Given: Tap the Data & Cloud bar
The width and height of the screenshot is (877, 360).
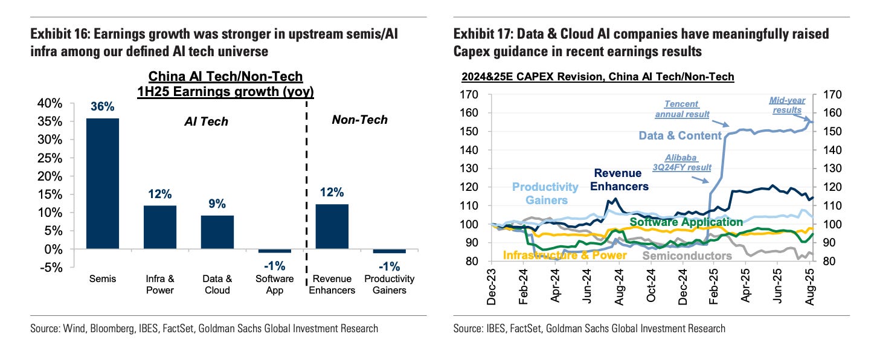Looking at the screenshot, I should (217, 233).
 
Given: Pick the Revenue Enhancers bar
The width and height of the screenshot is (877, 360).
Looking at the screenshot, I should (332, 227).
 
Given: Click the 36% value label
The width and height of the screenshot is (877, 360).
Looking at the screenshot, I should (102, 107).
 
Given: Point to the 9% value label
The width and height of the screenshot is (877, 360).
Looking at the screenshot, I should (217, 205).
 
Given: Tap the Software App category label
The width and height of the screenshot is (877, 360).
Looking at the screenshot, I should (275, 284).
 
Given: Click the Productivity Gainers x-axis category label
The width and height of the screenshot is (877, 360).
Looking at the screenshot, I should (390, 284).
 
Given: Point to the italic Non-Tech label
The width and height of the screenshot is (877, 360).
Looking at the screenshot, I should (359, 120).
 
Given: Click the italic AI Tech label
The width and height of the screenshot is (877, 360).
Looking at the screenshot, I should (206, 121).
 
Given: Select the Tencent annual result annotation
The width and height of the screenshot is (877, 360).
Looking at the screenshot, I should (682, 109).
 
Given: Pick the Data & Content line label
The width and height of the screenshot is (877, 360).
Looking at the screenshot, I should (680, 135).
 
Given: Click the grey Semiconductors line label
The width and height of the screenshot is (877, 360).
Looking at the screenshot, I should (687, 256).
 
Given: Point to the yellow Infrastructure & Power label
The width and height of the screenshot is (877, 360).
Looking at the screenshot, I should (565, 256).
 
